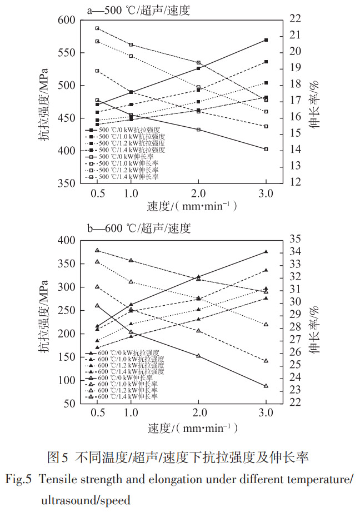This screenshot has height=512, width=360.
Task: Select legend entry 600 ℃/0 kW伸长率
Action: click(x=128, y=377)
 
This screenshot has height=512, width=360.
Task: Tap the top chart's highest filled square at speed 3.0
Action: click(x=266, y=40)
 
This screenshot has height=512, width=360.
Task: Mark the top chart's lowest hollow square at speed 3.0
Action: click(x=266, y=149)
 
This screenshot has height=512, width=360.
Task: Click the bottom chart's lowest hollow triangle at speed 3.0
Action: click(x=266, y=386)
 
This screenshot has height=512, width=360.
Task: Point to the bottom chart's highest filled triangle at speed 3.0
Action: click(x=266, y=252)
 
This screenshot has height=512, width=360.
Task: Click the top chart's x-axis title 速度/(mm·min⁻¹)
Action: click(x=192, y=206)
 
